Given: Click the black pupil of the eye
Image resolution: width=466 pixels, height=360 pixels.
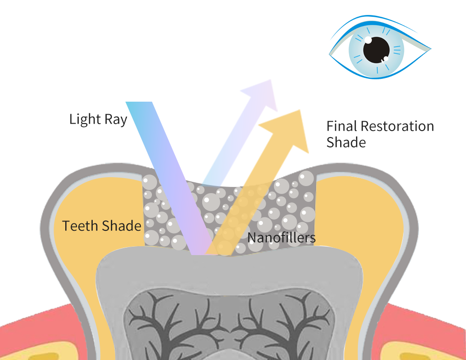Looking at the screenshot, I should [377, 50].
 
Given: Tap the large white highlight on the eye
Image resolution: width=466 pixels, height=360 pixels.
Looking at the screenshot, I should [368, 41].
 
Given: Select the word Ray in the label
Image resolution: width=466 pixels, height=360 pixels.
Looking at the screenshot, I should [116, 120].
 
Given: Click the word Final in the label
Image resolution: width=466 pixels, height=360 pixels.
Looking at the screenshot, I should [342, 126].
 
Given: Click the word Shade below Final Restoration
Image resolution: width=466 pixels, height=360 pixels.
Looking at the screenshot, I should [346, 142].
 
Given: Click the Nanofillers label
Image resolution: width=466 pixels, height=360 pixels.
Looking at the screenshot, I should [281, 237].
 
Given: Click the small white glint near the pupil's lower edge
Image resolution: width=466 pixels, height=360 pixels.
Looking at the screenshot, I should [385, 59].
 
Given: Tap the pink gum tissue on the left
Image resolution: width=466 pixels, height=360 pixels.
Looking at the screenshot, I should [28, 322].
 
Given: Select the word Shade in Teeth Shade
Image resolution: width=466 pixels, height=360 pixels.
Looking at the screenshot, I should [122, 226].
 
